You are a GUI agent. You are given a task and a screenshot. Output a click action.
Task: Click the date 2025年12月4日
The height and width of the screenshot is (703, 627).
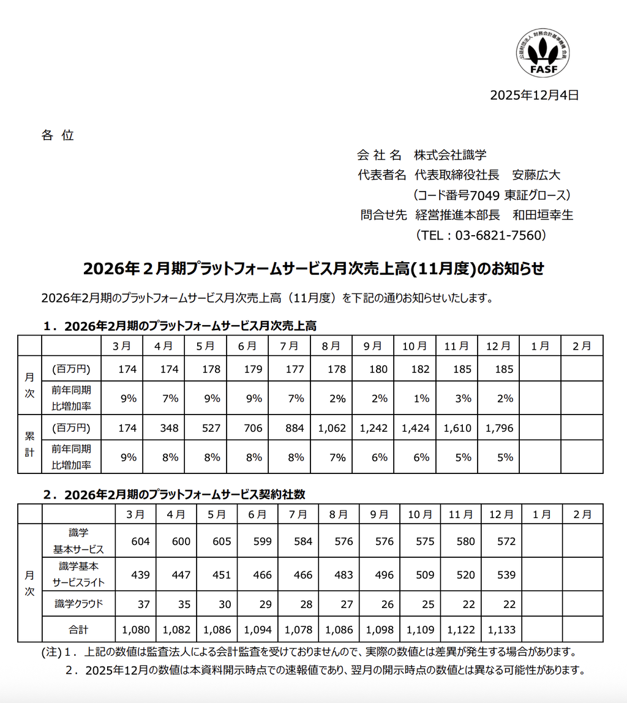coord(534,95)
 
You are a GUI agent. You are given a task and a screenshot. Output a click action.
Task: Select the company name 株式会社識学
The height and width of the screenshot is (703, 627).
coord(451,155)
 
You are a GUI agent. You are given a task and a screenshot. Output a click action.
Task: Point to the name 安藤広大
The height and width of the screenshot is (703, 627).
coord(536,175)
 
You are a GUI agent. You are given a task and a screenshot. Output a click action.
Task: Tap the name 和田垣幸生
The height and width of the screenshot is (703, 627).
coord(543,215)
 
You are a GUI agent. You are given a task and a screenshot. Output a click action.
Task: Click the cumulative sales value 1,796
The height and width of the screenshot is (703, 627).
coord(500,428)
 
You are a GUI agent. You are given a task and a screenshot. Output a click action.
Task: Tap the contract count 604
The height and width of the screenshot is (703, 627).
coord(140,541)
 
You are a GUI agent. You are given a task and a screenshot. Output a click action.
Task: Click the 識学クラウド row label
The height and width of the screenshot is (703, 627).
coord(78,604)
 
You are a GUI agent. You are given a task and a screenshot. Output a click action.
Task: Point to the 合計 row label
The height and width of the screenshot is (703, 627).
coord(78,629)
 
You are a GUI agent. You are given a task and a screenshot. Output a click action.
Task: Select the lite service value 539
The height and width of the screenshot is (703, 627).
coord(506,575)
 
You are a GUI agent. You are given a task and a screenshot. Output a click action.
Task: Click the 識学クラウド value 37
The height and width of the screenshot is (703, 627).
coord(144,604)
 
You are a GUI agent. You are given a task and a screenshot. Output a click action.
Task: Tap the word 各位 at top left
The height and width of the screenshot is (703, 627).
coord(58,135)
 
